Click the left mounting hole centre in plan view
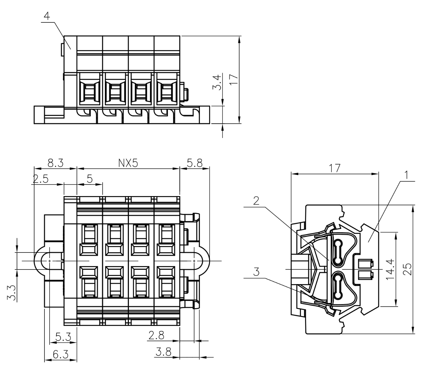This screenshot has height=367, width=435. (x=50, y=261)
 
